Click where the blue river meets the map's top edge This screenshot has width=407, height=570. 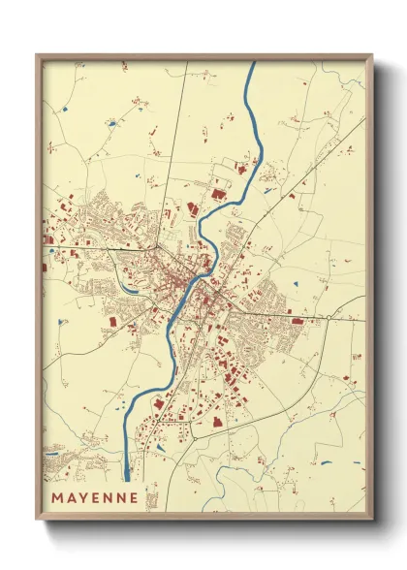tap(252, 64)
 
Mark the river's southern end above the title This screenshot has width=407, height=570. tap(128, 477)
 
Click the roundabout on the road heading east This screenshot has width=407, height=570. tap(330, 317)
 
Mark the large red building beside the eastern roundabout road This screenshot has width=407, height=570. tap(297, 320)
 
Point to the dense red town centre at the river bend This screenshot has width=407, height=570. tap(190, 286)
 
